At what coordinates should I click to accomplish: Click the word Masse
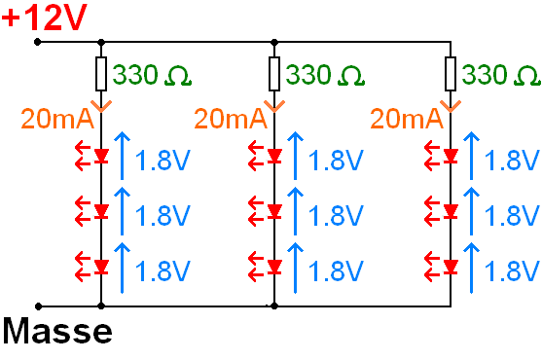[56, 333]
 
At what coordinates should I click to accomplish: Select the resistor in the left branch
[101, 73]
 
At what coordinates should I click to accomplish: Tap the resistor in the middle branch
[274, 73]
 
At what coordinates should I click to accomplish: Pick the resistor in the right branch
[451, 73]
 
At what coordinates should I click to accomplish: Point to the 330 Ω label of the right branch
[501, 75]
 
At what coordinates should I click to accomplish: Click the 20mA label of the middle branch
[231, 119]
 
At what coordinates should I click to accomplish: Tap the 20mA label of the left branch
[57, 119]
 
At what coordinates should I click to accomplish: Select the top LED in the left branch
[101, 156]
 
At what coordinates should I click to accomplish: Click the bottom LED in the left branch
[101, 266]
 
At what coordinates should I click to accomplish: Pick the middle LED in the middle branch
[274, 210]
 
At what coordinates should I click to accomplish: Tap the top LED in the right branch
[451, 156]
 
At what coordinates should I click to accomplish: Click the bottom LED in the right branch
[451, 266]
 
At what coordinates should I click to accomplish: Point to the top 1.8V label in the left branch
[163, 160]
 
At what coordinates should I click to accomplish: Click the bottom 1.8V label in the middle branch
[337, 270]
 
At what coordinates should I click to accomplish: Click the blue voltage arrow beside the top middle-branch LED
[295, 156]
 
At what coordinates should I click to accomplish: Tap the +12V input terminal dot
[37, 42]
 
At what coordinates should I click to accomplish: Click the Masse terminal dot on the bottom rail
[37, 305]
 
